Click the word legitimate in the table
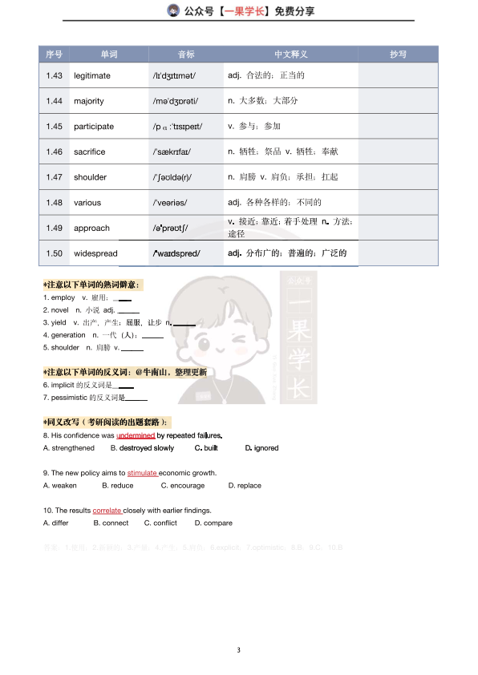(x=92, y=76)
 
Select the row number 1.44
(x=55, y=101)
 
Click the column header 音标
(x=186, y=55)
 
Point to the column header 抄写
(x=398, y=55)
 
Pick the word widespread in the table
(x=95, y=253)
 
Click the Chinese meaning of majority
(x=263, y=101)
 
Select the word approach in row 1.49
(x=91, y=228)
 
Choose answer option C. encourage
(x=183, y=486)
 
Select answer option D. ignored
(x=261, y=448)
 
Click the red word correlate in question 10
(x=107, y=511)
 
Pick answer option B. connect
(x=111, y=523)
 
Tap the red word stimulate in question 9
(x=142, y=473)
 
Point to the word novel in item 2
(x=60, y=309)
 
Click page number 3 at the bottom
(x=239, y=649)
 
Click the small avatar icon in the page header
(x=172, y=11)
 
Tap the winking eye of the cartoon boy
(x=239, y=346)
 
